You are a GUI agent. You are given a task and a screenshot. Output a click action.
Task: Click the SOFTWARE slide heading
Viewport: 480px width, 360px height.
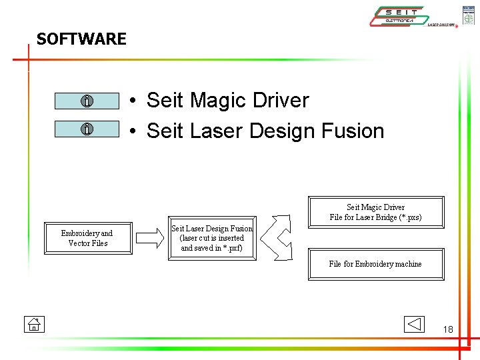click(x=81, y=39)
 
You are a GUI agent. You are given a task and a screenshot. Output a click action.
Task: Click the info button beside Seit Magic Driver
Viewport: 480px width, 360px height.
click(x=87, y=101)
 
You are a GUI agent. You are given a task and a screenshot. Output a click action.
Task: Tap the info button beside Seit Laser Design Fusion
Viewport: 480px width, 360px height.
click(x=87, y=129)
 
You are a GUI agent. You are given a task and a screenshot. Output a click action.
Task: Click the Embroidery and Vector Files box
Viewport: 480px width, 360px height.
click(x=87, y=238)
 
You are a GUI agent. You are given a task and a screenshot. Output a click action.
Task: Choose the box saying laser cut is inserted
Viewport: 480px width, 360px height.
click(x=212, y=238)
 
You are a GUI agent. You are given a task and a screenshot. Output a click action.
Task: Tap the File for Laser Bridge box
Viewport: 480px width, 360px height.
click(x=375, y=212)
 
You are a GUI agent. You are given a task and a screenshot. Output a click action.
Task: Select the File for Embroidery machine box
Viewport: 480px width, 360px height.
click(x=375, y=264)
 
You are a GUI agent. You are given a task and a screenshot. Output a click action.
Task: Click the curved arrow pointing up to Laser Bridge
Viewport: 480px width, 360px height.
click(x=282, y=223)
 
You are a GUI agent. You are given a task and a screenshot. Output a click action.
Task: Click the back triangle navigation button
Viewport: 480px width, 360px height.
click(x=414, y=324)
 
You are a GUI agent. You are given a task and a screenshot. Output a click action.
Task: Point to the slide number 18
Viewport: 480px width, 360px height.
click(x=447, y=329)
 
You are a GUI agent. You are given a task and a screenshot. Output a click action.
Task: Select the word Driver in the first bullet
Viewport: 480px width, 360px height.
click(x=280, y=101)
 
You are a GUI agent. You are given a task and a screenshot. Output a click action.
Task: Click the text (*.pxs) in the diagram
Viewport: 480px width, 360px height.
click(x=409, y=217)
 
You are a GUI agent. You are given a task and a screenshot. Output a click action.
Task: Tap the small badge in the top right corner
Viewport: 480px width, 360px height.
click(x=469, y=14)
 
